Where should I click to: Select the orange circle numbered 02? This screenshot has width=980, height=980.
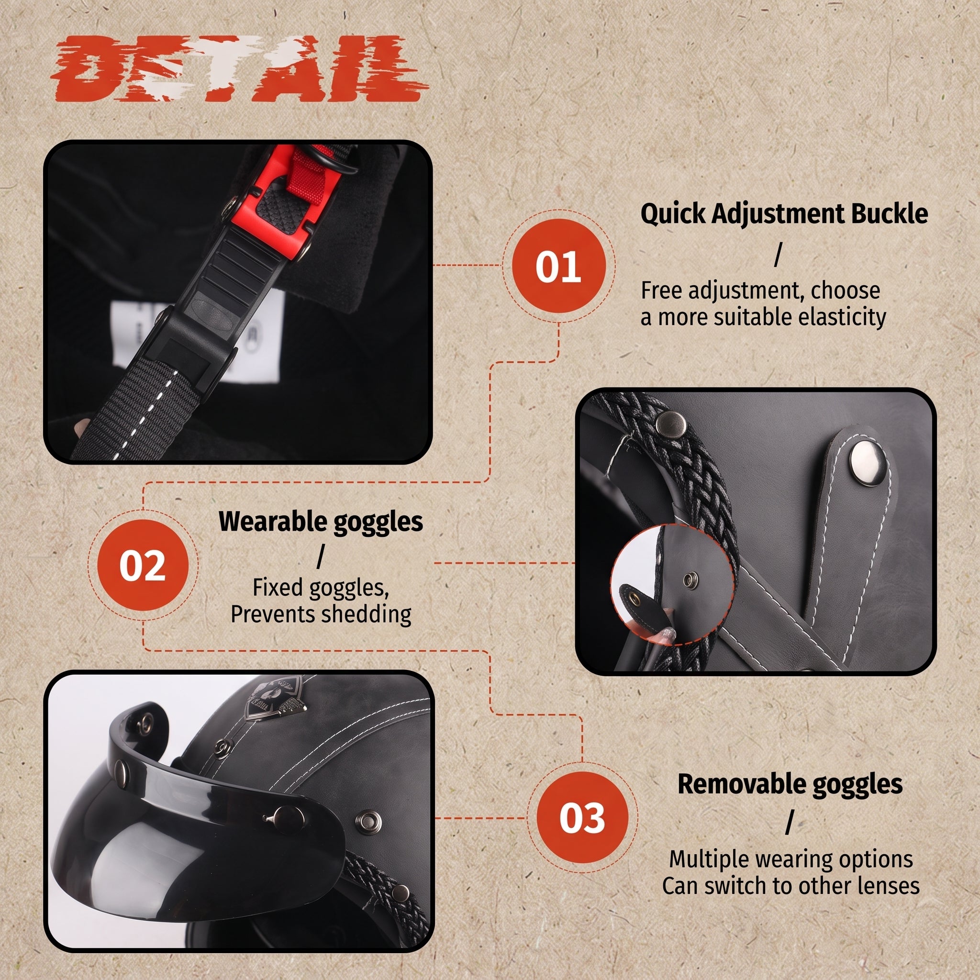tap(143, 565)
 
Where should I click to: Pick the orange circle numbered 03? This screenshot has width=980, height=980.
tap(582, 818)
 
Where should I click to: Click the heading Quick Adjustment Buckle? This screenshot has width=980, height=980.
tap(784, 214)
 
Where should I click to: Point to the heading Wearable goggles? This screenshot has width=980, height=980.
tap(321, 522)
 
